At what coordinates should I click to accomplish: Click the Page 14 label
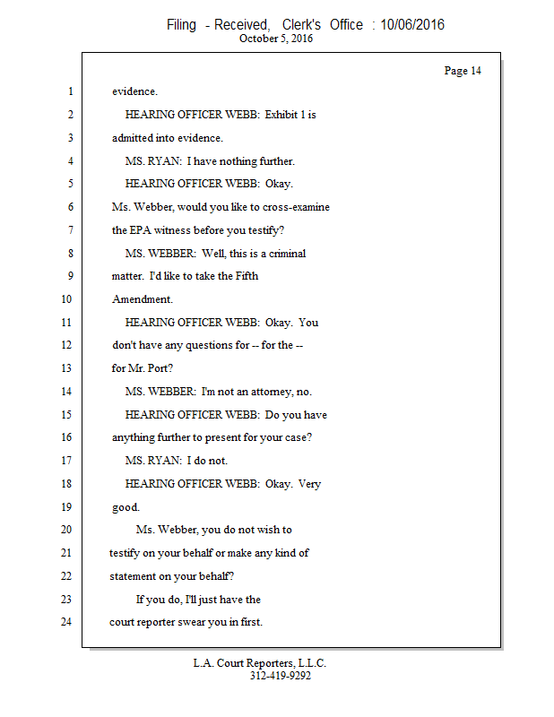(x=463, y=71)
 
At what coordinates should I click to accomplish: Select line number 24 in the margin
(x=65, y=622)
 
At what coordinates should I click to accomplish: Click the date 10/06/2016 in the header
(x=411, y=25)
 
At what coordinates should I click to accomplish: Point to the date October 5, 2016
(x=276, y=39)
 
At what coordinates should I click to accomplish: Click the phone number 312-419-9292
(x=281, y=676)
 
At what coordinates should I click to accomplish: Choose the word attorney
(x=273, y=392)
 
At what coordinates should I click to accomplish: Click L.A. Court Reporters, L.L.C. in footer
(x=260, y=663)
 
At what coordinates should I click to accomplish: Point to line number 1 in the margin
(x=69, y=91)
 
